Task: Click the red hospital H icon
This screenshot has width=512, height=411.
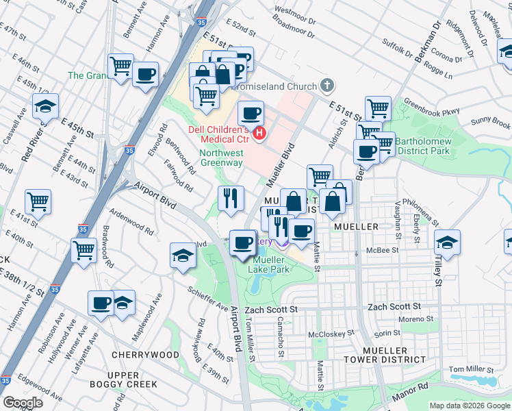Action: pos(259,132)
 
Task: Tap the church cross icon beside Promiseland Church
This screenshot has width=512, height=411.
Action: pos(328,86)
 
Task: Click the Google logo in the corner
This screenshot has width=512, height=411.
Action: pos(23,403)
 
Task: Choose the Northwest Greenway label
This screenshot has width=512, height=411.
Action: pos(220,158)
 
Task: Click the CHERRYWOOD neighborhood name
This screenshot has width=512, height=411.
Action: pos(144,355)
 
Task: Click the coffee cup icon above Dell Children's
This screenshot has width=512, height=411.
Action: pos(251,113)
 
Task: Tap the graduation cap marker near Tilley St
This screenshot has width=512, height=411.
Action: pos(447,242)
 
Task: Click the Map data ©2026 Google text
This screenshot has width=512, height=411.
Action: pos(469,406)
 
